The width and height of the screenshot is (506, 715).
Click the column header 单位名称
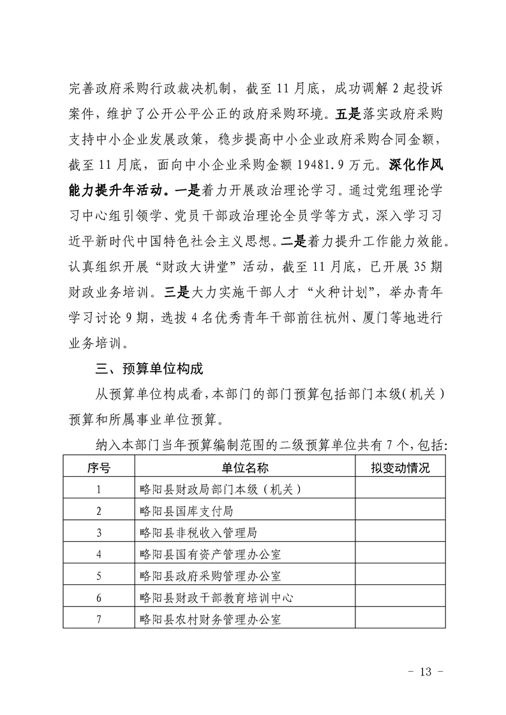(x=246, y=468)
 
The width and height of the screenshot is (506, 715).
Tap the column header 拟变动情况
(x=400, y=468)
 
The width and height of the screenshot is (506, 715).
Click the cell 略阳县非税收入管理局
(x=198, y=533)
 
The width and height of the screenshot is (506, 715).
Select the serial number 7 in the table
(x=98, y=619)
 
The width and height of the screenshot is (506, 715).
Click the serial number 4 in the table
(x=98, y=554)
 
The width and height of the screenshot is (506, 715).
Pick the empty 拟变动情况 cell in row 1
(x=400, y=489)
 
